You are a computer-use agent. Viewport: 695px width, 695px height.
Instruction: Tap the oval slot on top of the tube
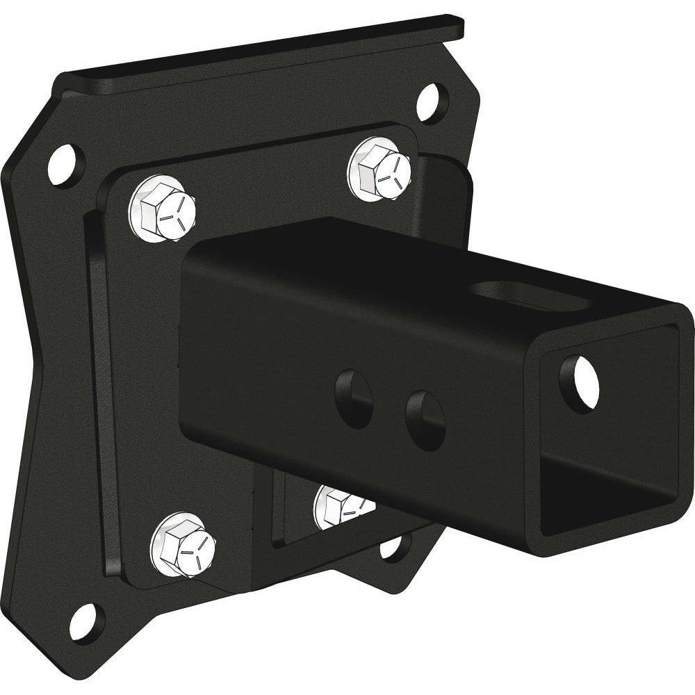pos(518,294)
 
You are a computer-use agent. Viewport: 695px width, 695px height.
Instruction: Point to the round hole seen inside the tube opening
pos(578,382)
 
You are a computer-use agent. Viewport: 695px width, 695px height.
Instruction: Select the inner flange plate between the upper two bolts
pos(271,174)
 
